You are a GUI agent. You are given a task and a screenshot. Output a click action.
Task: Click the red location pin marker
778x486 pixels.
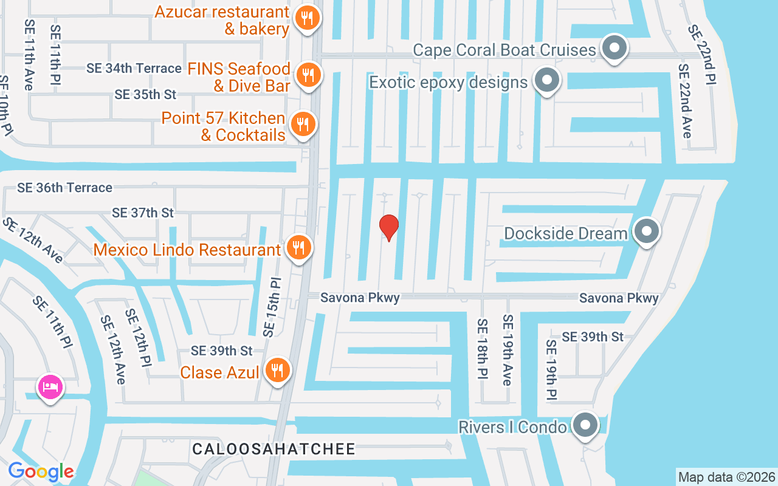(x=389, y=227)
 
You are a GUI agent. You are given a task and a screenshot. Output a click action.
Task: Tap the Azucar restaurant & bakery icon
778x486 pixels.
(x=308, y=18)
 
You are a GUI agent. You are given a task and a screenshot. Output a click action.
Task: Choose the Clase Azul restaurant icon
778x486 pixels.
(x=277, y=369)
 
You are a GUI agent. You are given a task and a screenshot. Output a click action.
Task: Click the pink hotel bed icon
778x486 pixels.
(x=50, y=386)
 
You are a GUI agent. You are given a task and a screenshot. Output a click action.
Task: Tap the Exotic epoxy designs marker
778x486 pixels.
(x=546, y=80)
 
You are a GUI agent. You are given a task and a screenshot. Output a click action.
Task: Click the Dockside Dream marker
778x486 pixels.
(x=647, y=231)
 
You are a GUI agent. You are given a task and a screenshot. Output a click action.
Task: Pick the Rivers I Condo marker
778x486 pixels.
(x=585, y=425)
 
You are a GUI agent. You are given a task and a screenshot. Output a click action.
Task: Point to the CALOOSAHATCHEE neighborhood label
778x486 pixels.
(x=274, y=449)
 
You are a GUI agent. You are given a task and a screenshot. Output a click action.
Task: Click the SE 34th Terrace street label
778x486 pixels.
(x=134, y=68)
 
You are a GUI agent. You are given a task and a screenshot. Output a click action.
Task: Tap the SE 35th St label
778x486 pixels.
(x=145, y=94)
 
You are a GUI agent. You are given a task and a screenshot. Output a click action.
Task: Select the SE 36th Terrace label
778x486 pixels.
(x=64, y=188)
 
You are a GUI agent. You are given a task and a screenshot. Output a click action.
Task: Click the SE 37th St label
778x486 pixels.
(x=143, y=213)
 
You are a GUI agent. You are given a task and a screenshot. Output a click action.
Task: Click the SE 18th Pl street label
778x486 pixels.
(x=483, y=347)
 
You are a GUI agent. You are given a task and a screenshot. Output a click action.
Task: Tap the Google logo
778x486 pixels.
(x=41, y=471)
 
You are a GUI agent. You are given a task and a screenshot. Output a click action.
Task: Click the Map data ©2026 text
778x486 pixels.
(x=726, y=477)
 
